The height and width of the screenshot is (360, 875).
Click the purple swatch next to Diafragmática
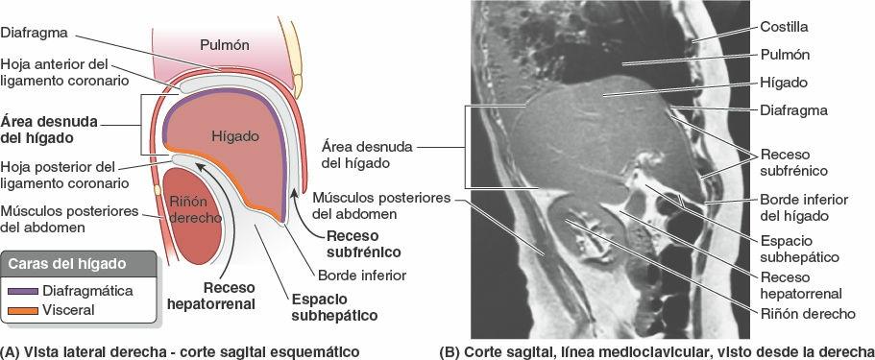[20, 289]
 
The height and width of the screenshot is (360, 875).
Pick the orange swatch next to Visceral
[20, 310]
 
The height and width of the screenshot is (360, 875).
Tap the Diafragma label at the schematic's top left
[34, 31]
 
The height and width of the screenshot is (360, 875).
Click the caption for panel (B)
[655, 350]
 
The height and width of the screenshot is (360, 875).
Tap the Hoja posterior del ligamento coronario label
[64, 173]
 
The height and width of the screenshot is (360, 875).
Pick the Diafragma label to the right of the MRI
[793, 109]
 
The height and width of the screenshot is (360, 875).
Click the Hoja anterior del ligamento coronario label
[64, 70]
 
